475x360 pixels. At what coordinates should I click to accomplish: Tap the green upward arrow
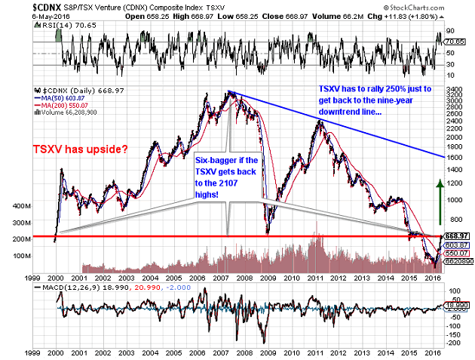[438, 198]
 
